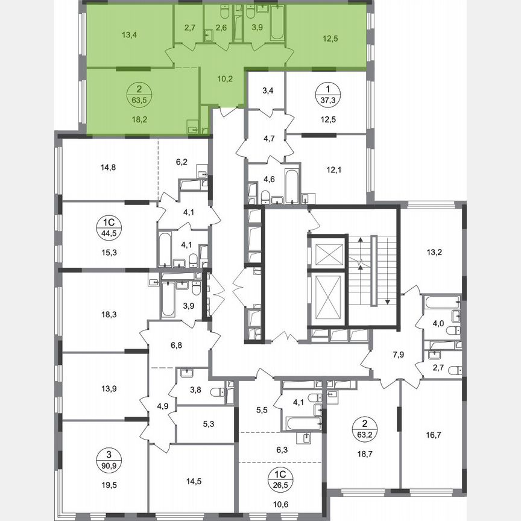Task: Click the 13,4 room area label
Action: (x=129, y=34)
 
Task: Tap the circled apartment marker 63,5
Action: (x=140, y=95)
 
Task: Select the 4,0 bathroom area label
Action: (x=438, y=323)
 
